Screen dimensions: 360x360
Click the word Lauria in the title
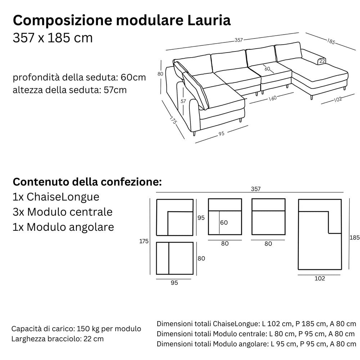pos(209,20)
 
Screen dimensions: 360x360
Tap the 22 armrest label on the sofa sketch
pos(322,61)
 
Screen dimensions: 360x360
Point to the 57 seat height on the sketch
pos(183,101)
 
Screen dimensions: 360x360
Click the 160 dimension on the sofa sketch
pos(272,98)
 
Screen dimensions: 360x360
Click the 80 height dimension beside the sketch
pos(160,74)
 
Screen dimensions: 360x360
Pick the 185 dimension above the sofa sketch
pos(331,41)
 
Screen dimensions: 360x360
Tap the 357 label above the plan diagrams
pos(256,189)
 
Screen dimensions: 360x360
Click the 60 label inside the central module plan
pos(224,222)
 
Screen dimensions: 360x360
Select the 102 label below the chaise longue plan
pos(320,279)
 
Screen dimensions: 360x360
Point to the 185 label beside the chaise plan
pos(355,237)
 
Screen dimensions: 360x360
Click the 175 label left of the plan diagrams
pos(144,241)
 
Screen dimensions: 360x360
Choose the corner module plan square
pos(175,217)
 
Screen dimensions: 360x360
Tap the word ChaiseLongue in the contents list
pos(63,197)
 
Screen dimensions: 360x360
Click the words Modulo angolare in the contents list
pos(70,227)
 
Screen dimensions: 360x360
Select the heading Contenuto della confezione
pos(87,182)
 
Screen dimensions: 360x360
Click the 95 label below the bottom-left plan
pos(174,283)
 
